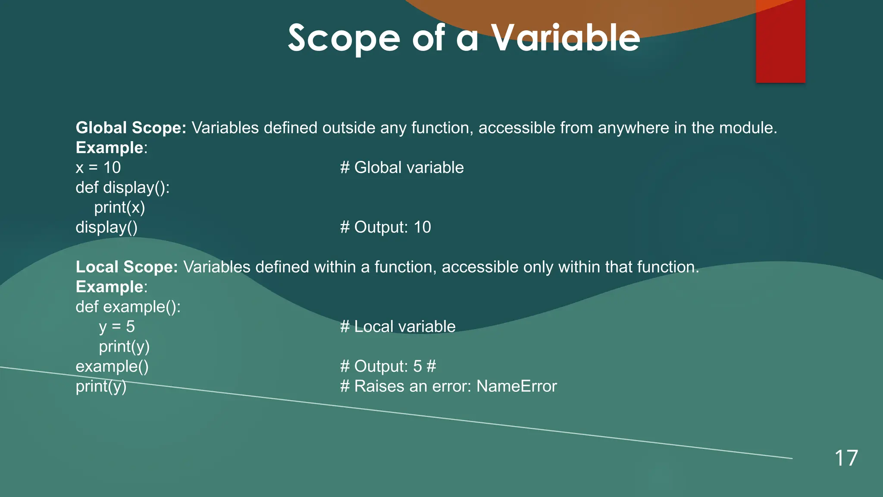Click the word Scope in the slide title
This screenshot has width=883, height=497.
point(344,39)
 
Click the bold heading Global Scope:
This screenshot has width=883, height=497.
point(131,128)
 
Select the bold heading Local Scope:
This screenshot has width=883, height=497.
point(127,267)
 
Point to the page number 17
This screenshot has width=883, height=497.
point(846,458)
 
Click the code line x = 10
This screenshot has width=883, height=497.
point(98,167)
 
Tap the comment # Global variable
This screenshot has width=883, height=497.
point(401,167)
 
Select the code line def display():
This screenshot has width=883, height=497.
point(122,187)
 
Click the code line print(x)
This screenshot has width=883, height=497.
point(119,208)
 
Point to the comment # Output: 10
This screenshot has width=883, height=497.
point(385,227)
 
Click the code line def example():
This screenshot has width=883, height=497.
point(128,307)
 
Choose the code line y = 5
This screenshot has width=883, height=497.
point(117,327)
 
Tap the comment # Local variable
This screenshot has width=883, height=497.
point(398,327)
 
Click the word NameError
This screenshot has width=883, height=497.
point(517,386)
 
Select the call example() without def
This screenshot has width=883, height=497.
point(112,366)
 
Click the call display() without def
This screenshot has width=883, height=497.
point(106,227)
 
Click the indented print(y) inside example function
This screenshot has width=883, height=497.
point(124,346)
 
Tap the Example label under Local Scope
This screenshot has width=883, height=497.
point(110,287)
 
